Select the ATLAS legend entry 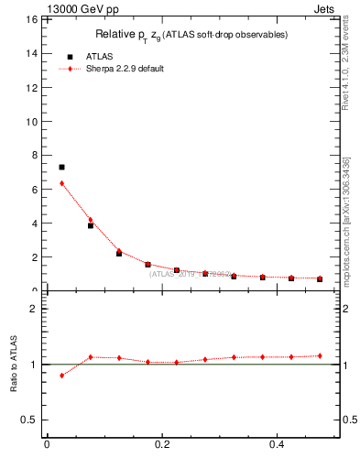click(x=100, y=56)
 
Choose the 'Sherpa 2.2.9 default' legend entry click(x=125, y=69)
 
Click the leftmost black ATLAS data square click(x=61, y=168)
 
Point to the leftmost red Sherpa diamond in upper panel click(x=61, y=183)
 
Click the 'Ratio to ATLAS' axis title click(x=14, y=364)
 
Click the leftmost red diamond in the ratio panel click(x=61, y=376)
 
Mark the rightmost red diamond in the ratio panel click(x=320, y=355)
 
